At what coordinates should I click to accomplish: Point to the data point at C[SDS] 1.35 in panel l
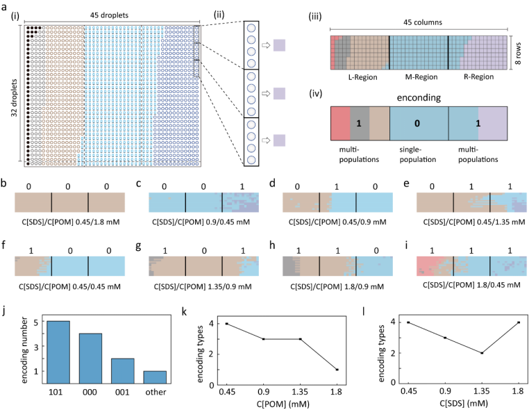tap(462, 353)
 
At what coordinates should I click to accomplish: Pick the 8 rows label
tap(520, 50)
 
